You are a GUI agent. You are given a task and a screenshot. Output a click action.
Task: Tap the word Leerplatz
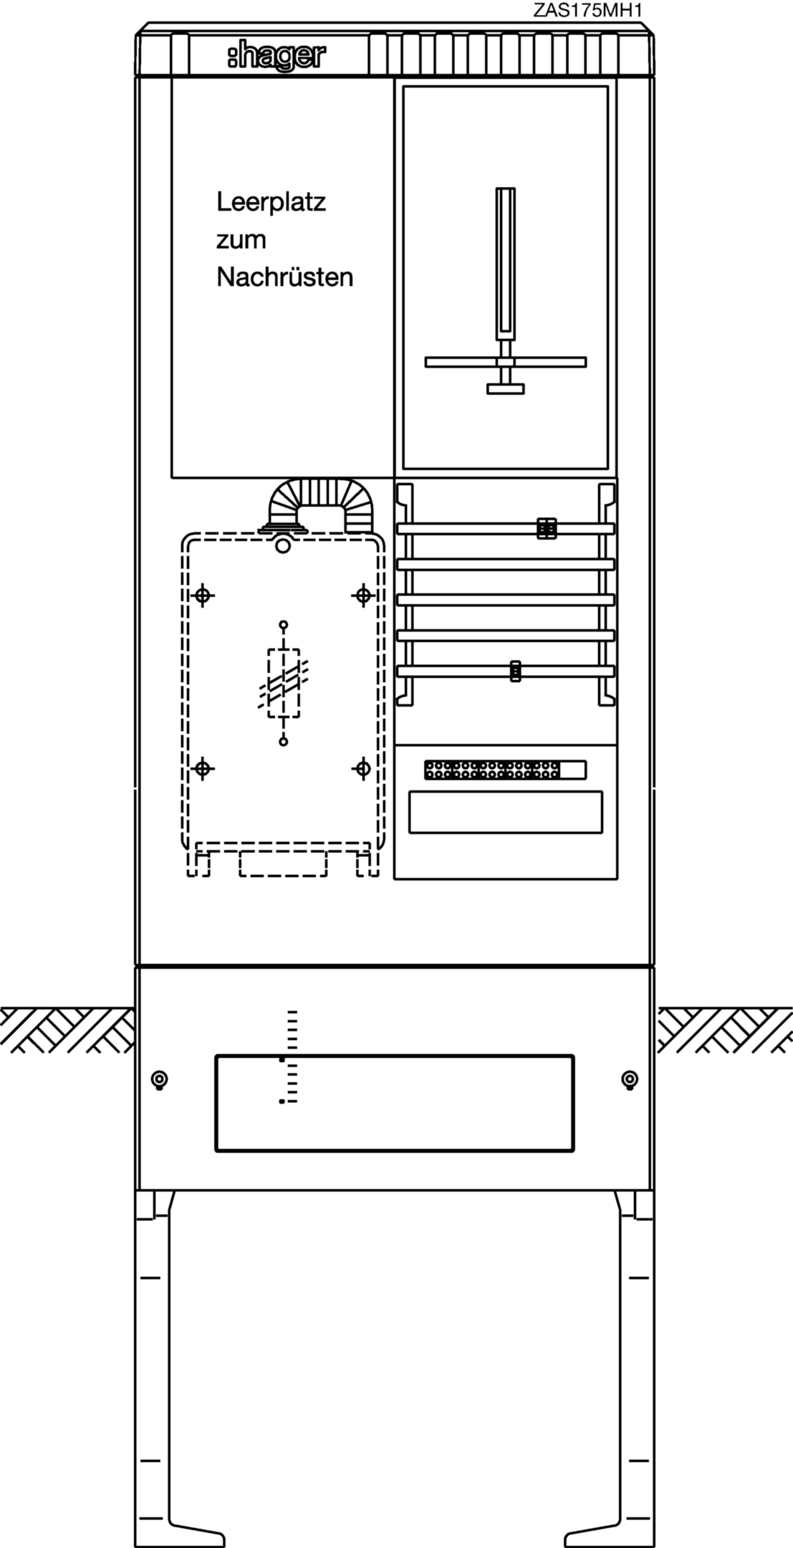tap(271, 203)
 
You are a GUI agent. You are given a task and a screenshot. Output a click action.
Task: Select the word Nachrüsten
tap(285, 277)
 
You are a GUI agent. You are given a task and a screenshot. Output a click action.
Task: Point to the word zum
tap(241, 241)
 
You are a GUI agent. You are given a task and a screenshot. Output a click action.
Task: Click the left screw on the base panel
tap(160, 1080)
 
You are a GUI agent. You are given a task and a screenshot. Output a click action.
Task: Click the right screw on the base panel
tap(630, 1080)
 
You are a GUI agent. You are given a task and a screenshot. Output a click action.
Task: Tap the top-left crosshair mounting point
tap(203, 595)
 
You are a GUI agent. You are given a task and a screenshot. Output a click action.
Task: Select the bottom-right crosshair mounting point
tap(362, 769)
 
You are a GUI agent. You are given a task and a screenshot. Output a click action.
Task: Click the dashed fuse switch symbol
tap(284, 683)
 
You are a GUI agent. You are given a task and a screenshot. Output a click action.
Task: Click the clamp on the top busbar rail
tap(547, 528)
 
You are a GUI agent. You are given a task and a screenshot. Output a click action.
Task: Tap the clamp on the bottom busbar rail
tap(514, 671)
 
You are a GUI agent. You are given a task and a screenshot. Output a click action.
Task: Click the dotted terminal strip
tap(505, 770)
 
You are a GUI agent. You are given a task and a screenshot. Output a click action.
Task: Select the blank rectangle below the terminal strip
tap(506, 812)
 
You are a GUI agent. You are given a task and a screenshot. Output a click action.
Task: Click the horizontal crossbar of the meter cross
tap(506, 362)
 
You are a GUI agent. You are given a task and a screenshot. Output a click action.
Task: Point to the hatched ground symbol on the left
tap(67, 1030)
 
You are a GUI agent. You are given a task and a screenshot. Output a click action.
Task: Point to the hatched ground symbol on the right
tap(725, 1030)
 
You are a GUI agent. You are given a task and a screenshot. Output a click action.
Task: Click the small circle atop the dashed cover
tap(284, 546)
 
